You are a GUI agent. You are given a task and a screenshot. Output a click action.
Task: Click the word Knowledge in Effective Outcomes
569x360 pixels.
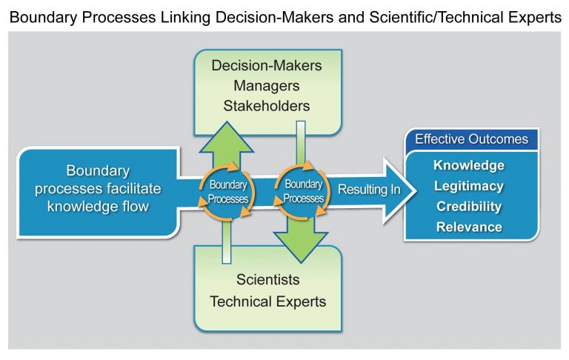point(469,165)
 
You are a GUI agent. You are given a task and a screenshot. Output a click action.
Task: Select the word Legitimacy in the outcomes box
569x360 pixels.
point(469,186)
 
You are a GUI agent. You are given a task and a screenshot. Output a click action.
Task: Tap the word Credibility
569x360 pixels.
point(469,206)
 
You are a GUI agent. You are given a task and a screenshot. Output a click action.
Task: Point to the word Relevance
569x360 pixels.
point(469,226)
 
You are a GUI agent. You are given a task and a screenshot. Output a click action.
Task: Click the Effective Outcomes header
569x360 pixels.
point(471,139)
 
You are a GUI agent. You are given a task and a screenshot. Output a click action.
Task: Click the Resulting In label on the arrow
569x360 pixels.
point(369,190)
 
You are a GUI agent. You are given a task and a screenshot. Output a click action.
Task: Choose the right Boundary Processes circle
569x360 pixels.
point(302,192)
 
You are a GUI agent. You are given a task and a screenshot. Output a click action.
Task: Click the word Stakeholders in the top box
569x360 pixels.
point(267,105)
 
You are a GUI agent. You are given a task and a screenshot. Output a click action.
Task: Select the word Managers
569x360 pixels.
point(267,85)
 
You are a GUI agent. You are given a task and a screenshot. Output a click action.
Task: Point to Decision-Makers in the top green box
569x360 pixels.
point(267,65)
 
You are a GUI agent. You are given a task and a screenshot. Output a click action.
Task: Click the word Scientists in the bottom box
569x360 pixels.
point(267,281)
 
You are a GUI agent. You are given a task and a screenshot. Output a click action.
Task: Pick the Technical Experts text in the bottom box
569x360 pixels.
point(267,301)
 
